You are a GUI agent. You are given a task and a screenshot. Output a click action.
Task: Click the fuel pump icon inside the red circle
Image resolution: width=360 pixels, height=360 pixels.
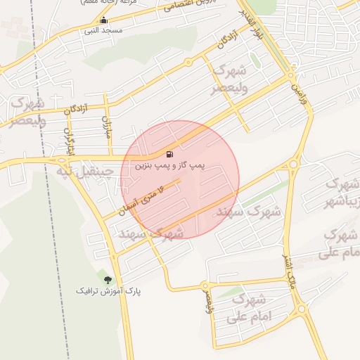[169, 154]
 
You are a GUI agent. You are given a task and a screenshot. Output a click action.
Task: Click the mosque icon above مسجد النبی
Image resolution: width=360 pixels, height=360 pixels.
[104, 20]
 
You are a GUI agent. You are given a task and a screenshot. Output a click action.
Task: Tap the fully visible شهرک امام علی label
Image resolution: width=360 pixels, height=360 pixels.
[245, 310]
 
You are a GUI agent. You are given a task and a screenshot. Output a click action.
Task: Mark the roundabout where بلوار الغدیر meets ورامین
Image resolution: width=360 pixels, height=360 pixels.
[290, 73]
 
